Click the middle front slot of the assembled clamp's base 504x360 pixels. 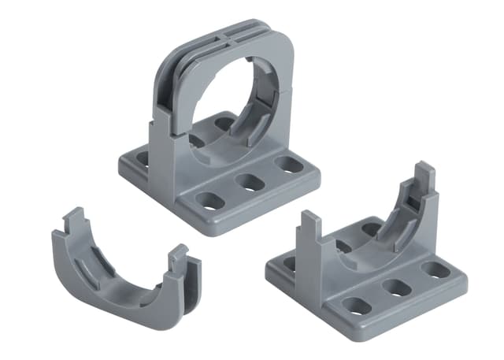click(x=250, y=183)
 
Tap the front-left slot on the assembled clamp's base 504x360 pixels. click(x=211, y=201)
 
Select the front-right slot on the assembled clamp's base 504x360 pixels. click(x=289, y=165)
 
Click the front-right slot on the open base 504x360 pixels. click(x=435, y=269)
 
